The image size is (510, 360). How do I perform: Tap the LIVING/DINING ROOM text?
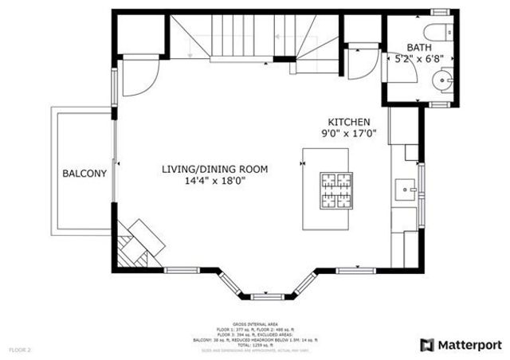[214, 169]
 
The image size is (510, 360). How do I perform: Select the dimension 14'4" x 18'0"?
[214, 181]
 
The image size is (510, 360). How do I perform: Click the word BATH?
[406, 45]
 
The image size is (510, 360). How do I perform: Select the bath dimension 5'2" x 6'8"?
[421, 58]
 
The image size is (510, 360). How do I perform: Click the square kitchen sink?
[406, 189]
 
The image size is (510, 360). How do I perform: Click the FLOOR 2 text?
[20, 349]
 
